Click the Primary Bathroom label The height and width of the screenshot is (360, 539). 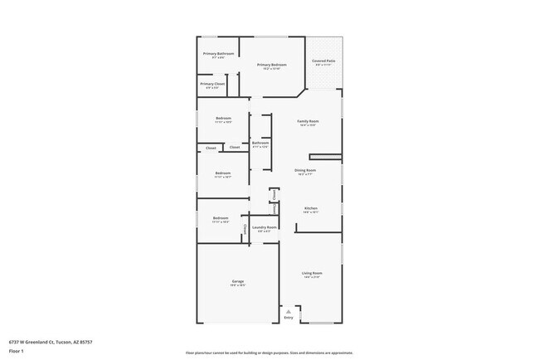coord(220,54)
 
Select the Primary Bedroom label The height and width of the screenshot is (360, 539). coord(272,65)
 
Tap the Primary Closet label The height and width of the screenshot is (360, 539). coord(213,84)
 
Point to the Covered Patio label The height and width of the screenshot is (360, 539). coord(323,61)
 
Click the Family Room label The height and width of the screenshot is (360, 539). coord(308,121)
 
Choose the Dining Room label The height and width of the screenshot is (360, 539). coord(306,171)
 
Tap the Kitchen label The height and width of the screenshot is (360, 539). coord(311,208)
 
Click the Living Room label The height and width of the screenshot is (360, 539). coord(312,273)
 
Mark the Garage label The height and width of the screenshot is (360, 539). coord(238,282)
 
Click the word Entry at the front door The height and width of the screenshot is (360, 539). coord(289,318)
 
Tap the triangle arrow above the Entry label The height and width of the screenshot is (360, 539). coord(289,311)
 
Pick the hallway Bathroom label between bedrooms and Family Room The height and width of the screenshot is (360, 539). coord(260,143)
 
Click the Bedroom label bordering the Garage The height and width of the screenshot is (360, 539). coord(221,218)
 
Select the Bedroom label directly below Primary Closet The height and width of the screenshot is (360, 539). coord(223,118)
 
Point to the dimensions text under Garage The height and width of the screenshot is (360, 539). coord(238,286)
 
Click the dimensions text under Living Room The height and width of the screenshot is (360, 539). coord(312,277)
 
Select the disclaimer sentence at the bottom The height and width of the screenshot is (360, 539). coord(269,352)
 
